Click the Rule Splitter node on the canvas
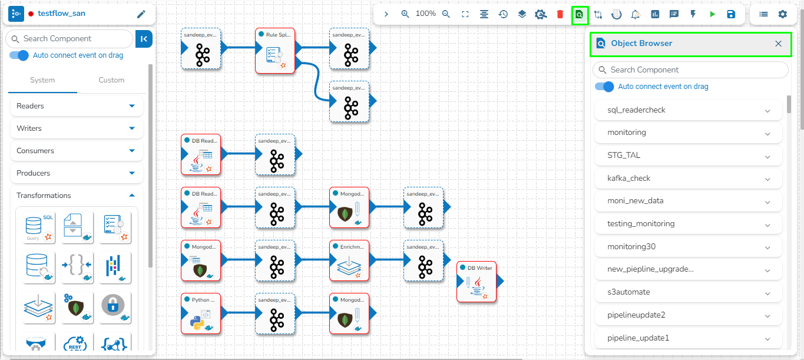pyautogui.click(x=275, y=51)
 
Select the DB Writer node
pyautogui.click(x=477, y=282)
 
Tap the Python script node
pyautogui.click(x=201, y=314)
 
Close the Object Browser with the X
pyautogui.click(x=778, y=44)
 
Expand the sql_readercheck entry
pyautogui.click(x=689, y=110)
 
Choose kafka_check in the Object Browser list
pyautogui.click(x=689, y=179)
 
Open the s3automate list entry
pyautogui.click(x=689, y=292)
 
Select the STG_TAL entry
pyautogui.click(x=689, y=156)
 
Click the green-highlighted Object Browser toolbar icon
pyautogui.click(x=580, y=14)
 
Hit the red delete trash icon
pyautogui.click(x=560, y=14)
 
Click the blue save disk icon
pyautogui.click(x=731, y=14)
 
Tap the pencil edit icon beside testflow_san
pyautogui.click(x=141, y=14)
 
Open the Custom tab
pyautogui.click(x=111, y=80)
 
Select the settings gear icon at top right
pyautogui.click(x=782, y=14)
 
